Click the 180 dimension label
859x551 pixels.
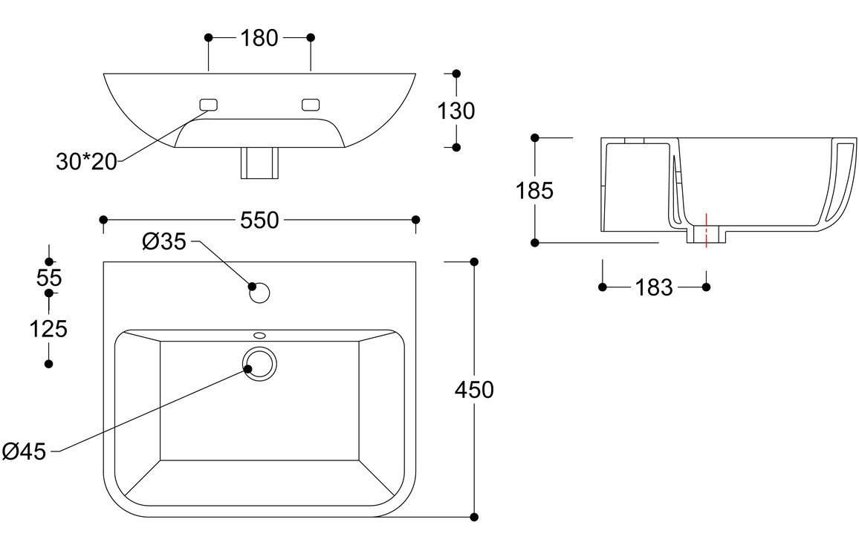(x=259, y=38)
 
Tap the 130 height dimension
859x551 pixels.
(x=456, y=111)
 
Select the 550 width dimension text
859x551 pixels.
(x=259, y=221)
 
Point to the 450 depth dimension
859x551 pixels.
(x=474, y=390)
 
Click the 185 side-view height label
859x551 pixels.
(x=535, y=191)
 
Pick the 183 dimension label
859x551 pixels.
(x=654, y=287)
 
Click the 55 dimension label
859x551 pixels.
(x=49, y=278)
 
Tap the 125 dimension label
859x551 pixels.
(x=48, y=329)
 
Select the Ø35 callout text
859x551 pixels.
(x=164, y=241)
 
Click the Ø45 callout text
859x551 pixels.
(x=24, y=451)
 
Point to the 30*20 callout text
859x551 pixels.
(x=86, y=162)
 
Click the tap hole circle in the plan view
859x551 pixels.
(x=259, y=293)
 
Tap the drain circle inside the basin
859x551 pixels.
(x=259, y=364)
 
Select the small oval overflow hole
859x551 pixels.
(x=259, y=335)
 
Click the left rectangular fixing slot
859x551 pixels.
(x=208, y=105)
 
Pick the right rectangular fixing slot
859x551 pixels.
(x=311, y=105)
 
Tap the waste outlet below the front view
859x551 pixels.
(x=259, y=163)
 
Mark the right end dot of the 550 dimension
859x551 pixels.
(x=415, y=221)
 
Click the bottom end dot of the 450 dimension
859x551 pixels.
(x=474, y=517)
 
